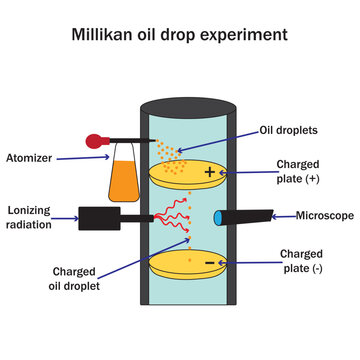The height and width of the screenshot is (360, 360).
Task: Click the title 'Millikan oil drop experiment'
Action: click(x=180, y=35)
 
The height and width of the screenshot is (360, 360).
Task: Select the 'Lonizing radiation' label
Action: click(x=34, y=217)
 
